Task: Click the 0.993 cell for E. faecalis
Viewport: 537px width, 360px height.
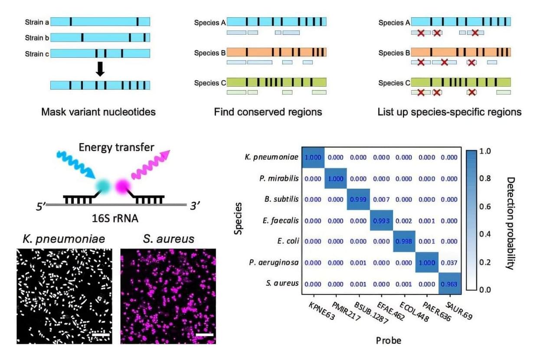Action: tap(381, 221)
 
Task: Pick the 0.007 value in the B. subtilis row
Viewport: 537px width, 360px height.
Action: tap(381, 200)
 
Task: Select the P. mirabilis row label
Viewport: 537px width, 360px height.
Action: tap(281, 179)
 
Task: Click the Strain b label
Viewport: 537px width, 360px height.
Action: tap(34, 38)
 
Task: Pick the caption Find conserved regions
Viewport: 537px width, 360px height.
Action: tap(268, 112)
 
